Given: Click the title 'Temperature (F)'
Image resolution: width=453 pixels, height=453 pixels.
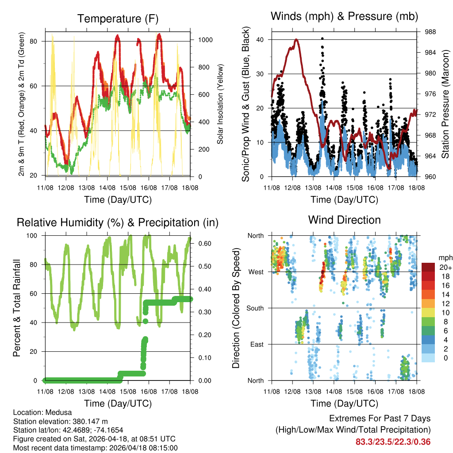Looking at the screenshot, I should (117, 19).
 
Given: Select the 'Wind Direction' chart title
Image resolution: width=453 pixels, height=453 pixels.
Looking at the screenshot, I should (344, 220).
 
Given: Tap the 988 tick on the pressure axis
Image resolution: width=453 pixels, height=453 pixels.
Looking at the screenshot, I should (427, 32).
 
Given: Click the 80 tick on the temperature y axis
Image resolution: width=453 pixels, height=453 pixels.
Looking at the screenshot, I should (37, 41).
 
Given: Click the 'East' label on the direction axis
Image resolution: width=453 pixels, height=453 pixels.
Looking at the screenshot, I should (256, 344).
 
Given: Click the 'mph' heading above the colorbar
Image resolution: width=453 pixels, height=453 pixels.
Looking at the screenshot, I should (445, 257).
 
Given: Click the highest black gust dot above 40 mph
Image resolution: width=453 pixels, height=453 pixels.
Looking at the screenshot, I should (322, 38).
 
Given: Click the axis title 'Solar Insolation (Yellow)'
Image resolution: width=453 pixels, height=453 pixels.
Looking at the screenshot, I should (219, 104).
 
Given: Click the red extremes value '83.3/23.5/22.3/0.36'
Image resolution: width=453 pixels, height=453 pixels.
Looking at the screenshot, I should (393, 441).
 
